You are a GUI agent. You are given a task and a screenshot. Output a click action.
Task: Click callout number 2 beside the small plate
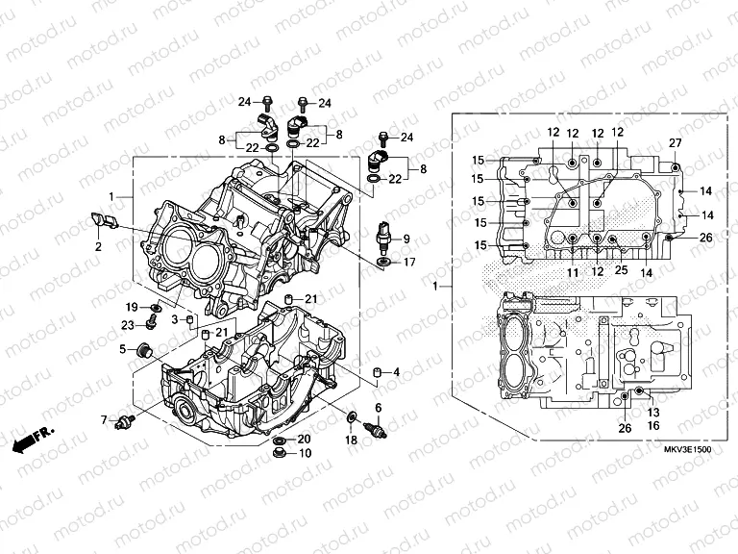click(x=97, y=247)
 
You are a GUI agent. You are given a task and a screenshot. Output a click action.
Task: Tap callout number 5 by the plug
click(x=123, y=349)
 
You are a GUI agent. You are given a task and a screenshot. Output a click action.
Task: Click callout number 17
click(x=408, y=262)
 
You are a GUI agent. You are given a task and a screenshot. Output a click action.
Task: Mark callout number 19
click(x=130, y=306)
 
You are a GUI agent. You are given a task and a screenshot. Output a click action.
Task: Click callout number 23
click(x=128, y=325)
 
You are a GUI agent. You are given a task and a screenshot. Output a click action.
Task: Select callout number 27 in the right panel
click(x=675, y=143)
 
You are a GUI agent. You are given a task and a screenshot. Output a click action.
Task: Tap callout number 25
click(x=621, y=272)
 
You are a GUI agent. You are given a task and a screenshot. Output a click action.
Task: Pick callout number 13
click(x=653, y=411)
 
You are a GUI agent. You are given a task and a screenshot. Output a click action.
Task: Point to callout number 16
click(x=653, y=424)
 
